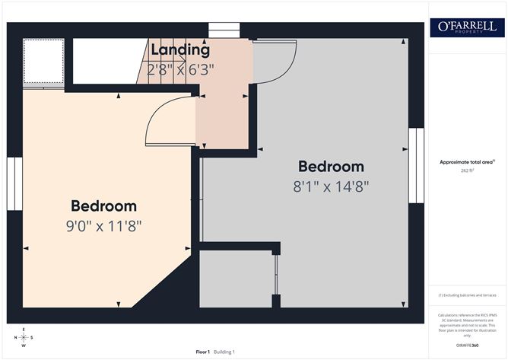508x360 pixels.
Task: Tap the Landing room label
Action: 179,51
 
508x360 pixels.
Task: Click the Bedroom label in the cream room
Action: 104,205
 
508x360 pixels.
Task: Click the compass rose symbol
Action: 24,336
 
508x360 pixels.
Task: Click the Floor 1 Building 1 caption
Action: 215,352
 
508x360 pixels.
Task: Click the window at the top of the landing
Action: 224,30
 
